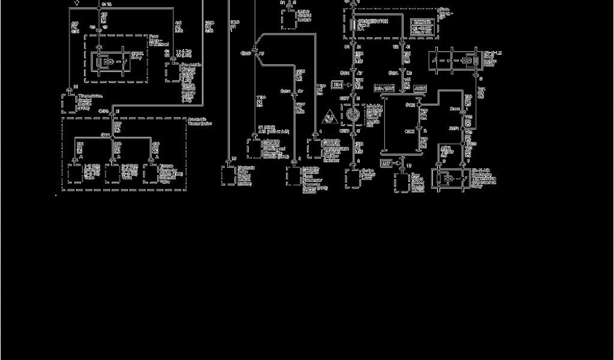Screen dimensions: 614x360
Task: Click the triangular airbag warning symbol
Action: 330,116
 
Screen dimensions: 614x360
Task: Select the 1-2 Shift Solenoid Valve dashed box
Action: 75,173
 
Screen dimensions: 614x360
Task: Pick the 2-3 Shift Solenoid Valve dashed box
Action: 112,173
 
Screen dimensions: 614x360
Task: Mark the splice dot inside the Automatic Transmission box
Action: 113,136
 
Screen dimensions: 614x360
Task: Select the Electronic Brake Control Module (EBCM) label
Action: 245,175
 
